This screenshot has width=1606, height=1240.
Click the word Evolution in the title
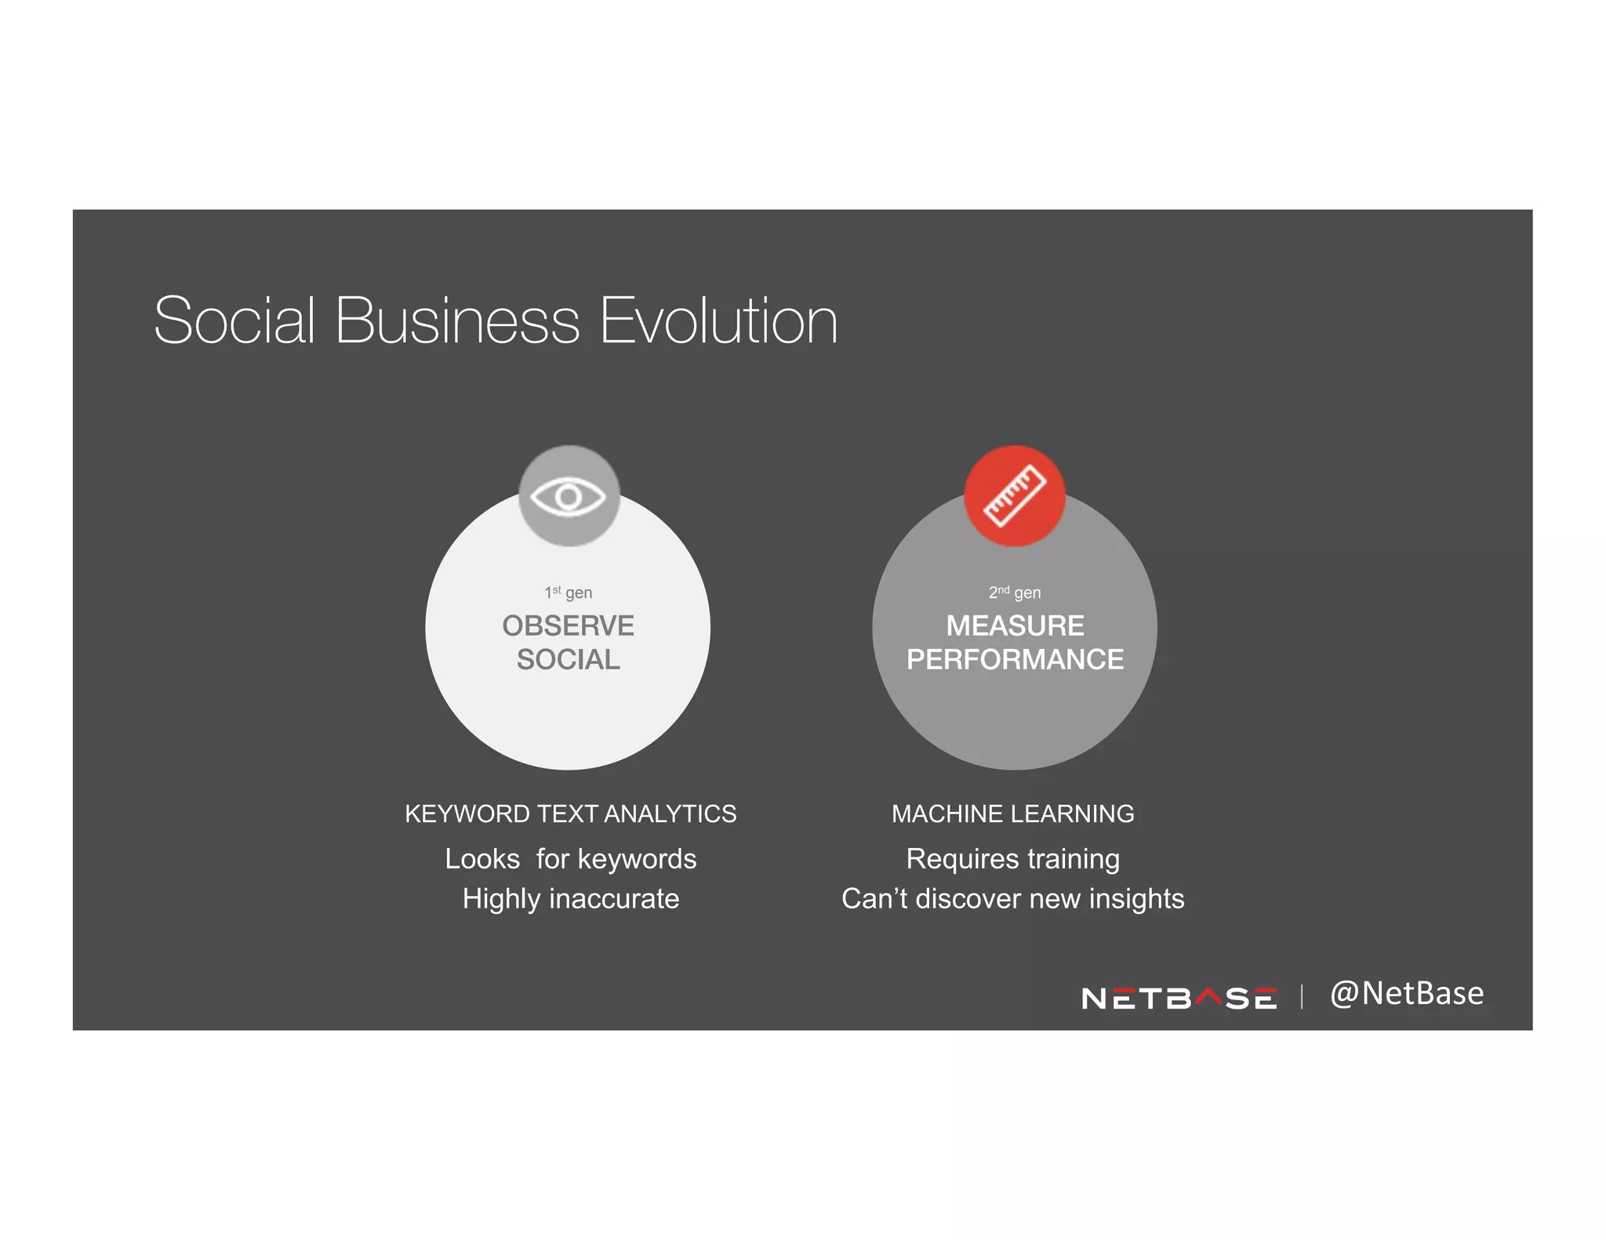point(718,321)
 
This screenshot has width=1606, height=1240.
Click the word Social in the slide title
point(234,321)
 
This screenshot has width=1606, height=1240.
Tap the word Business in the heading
point(457,321)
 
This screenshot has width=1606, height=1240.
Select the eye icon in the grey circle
point(569,496)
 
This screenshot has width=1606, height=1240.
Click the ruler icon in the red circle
point(1014,496)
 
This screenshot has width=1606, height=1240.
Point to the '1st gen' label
point(569,593)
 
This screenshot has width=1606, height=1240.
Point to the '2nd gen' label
point(1014,593)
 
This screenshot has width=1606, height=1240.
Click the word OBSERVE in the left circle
point(569,625)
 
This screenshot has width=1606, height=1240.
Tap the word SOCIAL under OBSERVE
point(569,659)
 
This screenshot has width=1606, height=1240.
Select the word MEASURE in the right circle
point(1015,625)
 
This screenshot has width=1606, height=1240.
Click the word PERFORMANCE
point(1015,659)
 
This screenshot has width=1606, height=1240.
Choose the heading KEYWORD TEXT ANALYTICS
point(570,814)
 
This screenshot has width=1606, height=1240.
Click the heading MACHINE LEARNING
point(1012,814)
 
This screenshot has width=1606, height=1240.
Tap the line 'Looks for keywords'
point(570,859)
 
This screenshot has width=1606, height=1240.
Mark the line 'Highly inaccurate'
point(570,898)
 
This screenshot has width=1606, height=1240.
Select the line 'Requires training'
point(1012,859)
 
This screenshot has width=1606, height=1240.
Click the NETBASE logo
point(1178,998)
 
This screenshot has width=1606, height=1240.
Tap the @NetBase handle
point(1407,993)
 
